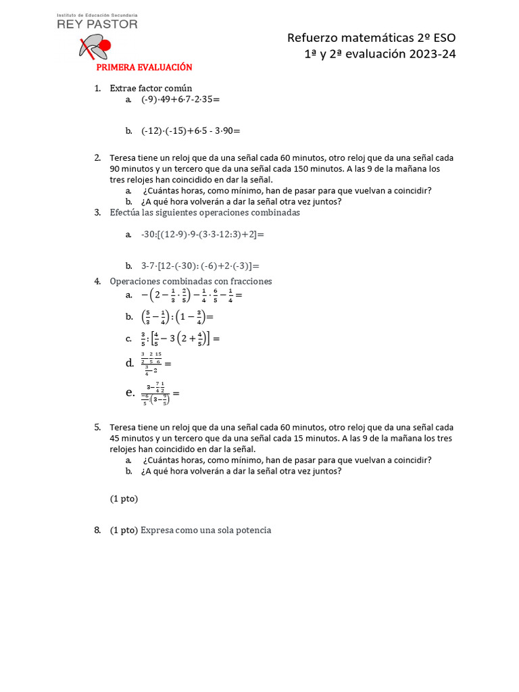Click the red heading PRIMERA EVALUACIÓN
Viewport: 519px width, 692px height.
click(144, 68)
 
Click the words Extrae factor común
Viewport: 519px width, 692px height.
click(151, 88)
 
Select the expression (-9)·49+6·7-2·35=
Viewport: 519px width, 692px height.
click(180, 99)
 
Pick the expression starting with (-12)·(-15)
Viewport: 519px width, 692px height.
click(191, 130)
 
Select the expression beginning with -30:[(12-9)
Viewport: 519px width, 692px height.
click(202, 234)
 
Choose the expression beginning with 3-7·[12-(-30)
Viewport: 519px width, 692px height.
click(200, 266)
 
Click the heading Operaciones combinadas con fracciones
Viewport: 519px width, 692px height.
click(191, 281)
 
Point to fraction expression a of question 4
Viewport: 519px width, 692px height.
click(191, 295)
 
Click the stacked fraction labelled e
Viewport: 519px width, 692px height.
click(158, 393)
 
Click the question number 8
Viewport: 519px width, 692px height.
click(97, 530)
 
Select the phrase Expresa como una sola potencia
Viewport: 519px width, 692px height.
click(205, 530)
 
